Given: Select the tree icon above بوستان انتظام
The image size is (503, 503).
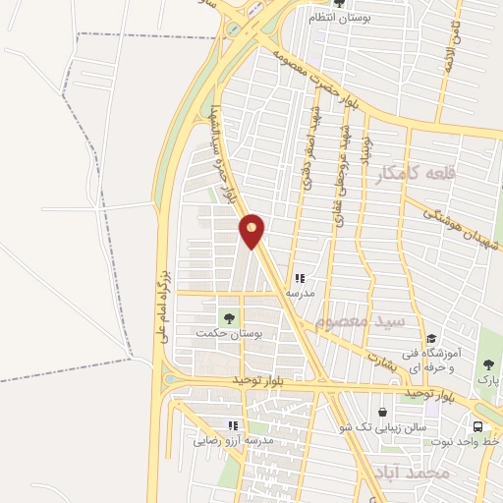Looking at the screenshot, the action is tap(338, 3).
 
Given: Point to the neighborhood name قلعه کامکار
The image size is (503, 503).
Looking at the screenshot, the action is tap(417, 173).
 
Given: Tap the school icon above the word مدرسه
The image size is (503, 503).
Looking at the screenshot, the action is tap(300, 278).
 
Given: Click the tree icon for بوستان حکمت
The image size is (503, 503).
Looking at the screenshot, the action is tap(229, 317).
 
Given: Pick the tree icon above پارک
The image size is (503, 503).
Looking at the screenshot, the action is tap(488, 364).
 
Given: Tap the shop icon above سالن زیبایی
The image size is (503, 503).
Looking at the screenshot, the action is tap(383, 412).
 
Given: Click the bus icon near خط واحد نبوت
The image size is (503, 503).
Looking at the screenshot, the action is tap(477, 427).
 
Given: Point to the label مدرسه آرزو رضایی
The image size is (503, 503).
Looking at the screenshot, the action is tap(233, 440).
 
